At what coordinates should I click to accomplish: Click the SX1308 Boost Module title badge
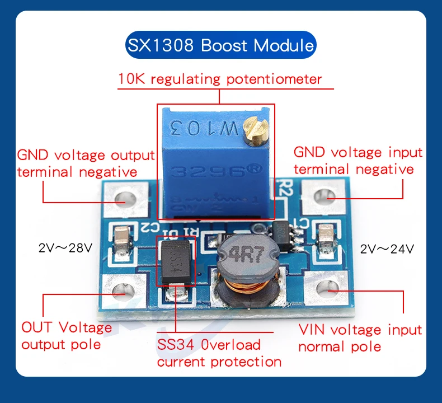click(220, 45)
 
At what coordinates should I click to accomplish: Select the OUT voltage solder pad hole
click(121, 290)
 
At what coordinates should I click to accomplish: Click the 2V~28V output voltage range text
click(65, 248)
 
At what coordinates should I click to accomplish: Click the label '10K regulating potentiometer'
click(220, 79)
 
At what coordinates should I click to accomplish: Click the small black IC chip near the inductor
click(280, 235)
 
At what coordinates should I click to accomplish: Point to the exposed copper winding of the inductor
click(233, 290)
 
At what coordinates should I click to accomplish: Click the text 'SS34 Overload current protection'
click(219, 353)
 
